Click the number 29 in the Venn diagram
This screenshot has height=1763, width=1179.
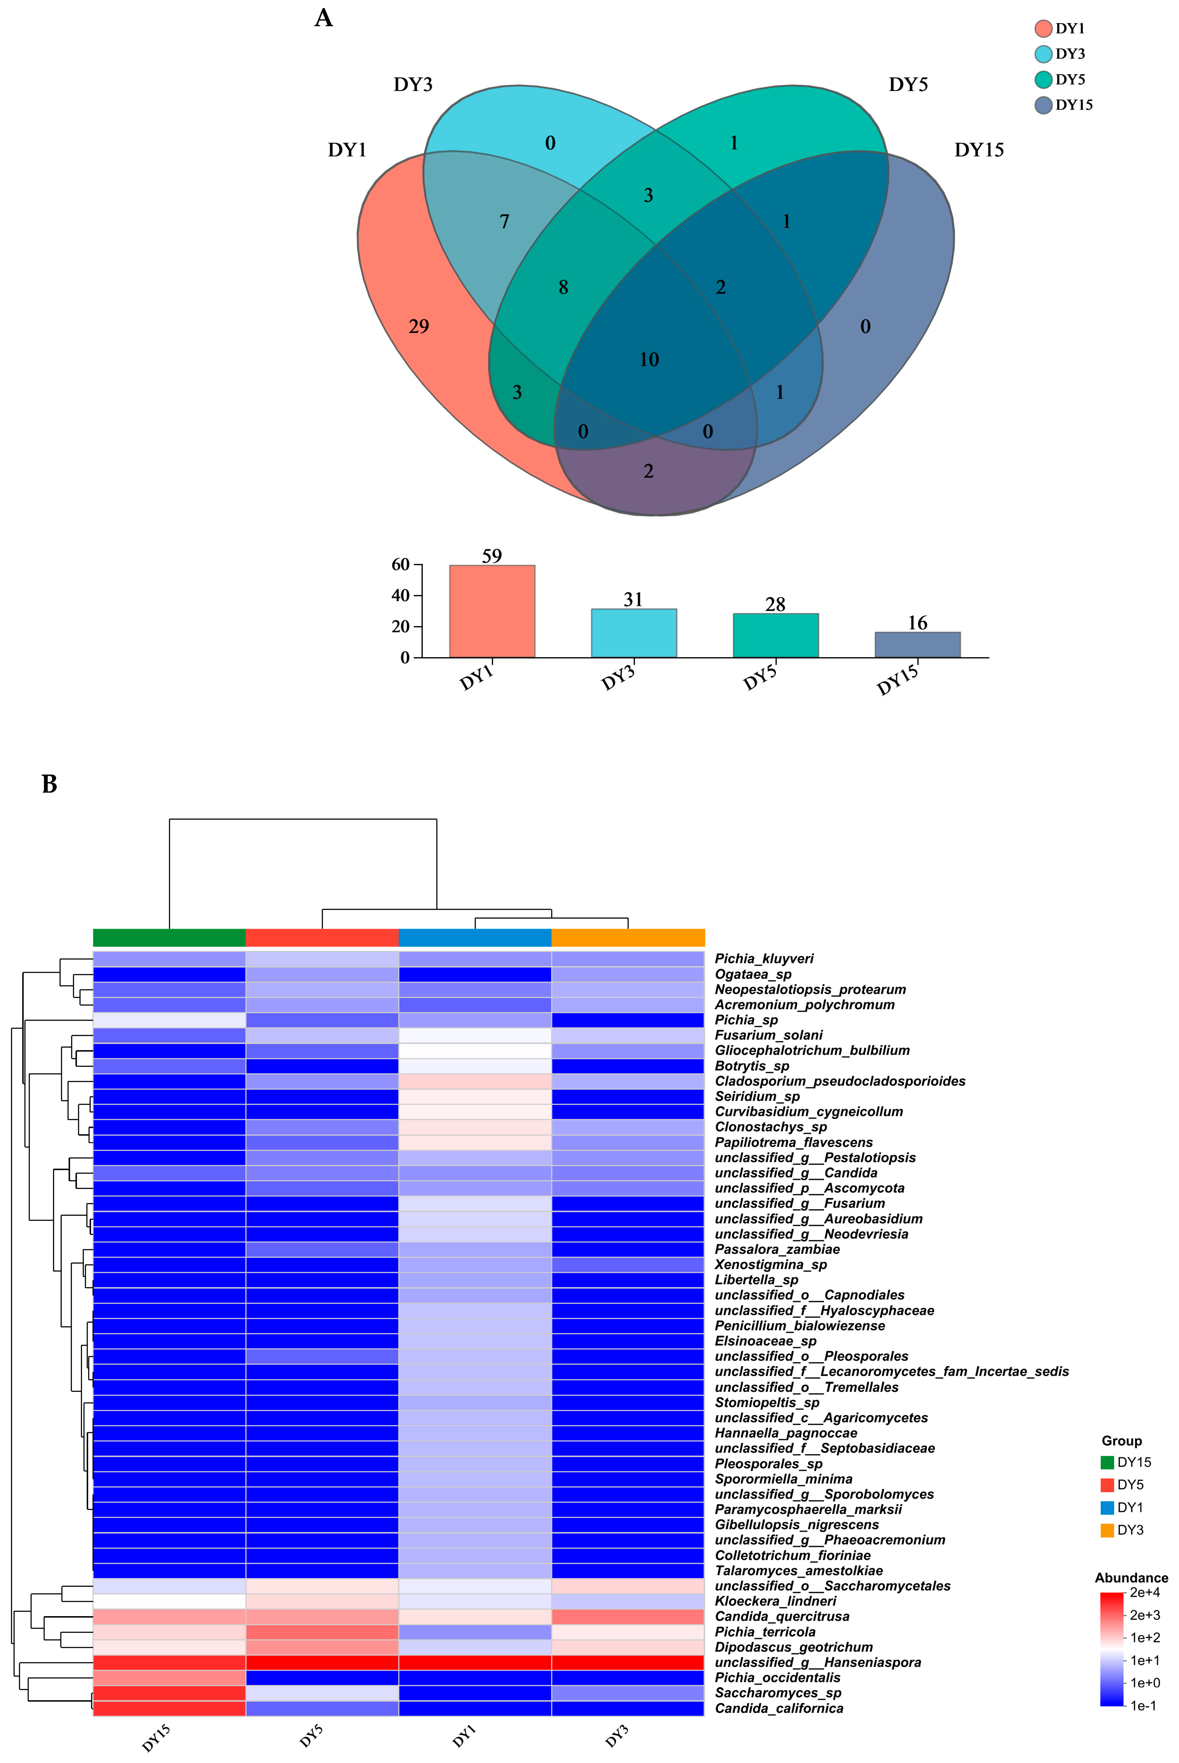point(419,326)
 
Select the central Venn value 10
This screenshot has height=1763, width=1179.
point(649,360)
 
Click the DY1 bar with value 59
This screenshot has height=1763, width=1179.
point(492,611)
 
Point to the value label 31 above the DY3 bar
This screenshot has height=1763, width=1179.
point(633,599)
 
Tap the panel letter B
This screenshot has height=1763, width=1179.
point(50,785)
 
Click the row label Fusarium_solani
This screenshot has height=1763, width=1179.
point(768,1035)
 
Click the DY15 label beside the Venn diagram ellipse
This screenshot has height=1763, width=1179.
point(979,150)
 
